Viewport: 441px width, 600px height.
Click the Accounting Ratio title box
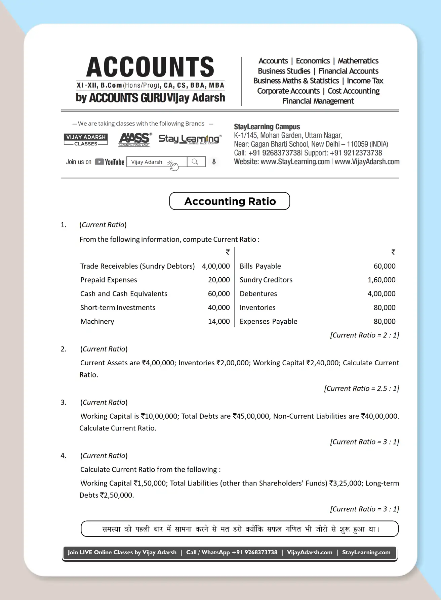tap(230, 201)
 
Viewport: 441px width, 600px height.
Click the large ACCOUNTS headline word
tap(150, 67)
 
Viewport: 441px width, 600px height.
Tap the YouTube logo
tap(110, 162)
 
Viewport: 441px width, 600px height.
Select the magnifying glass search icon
tap(195, 162)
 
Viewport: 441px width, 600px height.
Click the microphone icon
tap(214, 162)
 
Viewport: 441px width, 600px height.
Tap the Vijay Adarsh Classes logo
tap(86, 140)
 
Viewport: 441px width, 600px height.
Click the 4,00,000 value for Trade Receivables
tap(216, 266)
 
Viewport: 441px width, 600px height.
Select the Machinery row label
tap(97, 322)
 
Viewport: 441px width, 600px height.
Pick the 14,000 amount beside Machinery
tap(219, 322)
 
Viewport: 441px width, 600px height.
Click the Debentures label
tap(258, 294)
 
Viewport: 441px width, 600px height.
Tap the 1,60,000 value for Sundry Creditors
tap(382, 280)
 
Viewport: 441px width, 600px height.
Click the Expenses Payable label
tap(268, 322)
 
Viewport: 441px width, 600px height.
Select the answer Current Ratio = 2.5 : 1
tap(361, 388)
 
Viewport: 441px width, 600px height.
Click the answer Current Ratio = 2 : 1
tap(364, 335)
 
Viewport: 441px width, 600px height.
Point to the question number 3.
tap(64, 402)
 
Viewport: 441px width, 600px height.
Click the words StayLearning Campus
tap(267, 127)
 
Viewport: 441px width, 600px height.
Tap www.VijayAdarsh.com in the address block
tap(367, 162)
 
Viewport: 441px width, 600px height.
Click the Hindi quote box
tap(240, 529)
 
